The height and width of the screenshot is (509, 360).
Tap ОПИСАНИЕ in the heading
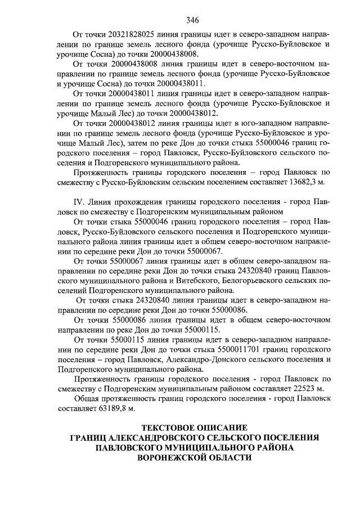tap(223, 427)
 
